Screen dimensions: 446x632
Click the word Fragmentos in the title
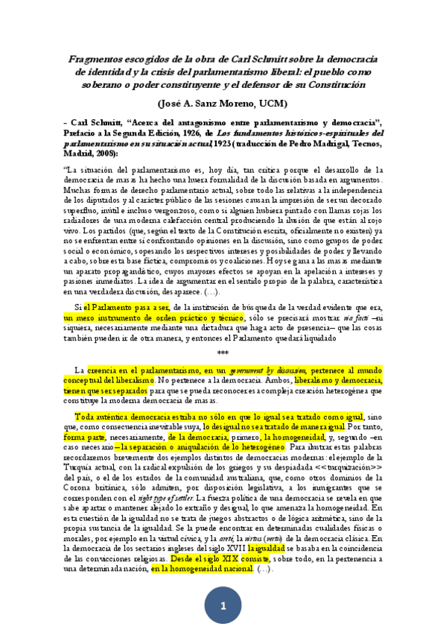click(x=98, y=58)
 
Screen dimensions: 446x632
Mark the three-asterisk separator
click(x=223, y=353)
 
